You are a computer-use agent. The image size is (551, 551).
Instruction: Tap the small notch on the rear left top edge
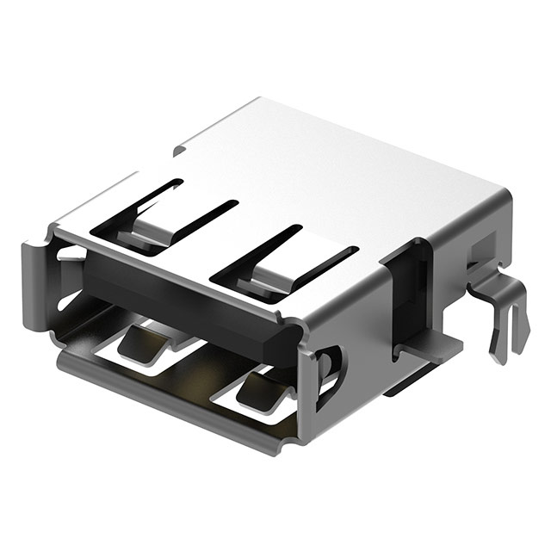[178, 151]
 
